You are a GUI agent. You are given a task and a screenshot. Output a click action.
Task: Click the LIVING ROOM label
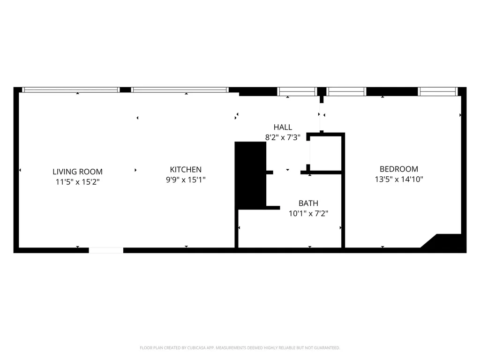coord(77,172)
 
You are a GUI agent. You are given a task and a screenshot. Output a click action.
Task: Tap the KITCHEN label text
coord(186,169)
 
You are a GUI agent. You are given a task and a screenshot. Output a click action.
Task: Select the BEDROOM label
coord(399,169)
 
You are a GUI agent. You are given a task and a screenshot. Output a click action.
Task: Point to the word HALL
coord(283,127)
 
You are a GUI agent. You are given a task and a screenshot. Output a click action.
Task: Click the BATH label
coord(308,203)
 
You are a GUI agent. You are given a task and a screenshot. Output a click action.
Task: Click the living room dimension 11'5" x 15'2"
coord(77,182)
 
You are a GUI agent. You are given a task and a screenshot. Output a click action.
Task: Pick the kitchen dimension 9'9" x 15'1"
coord(186,180)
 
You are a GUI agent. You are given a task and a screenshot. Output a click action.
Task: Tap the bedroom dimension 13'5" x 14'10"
coord(399,179)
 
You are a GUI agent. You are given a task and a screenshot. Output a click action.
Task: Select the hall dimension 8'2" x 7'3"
coord(283,137)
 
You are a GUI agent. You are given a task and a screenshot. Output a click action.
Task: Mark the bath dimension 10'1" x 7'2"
coord(308,213)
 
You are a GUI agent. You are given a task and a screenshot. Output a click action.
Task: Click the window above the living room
coord(71,90)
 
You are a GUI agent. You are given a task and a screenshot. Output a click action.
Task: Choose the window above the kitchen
coord(180,90)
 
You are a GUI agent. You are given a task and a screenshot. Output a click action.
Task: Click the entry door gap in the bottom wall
coord(106,250)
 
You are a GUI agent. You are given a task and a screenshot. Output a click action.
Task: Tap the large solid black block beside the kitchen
coord(250,175)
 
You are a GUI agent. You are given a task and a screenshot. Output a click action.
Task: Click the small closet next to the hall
coord(326,153)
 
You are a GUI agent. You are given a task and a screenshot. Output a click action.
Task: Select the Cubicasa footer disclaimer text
coord(240,348)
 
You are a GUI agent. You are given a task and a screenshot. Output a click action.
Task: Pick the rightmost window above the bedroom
coord(438,91)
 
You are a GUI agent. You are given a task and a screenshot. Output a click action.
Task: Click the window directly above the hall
coord(297,91)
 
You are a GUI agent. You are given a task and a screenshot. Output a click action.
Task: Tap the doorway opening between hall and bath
coord(287,172)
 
